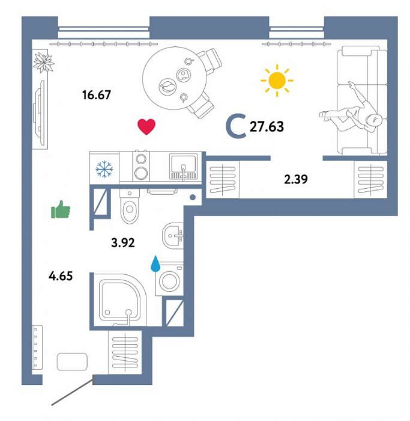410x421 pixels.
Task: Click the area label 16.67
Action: pos(97,95)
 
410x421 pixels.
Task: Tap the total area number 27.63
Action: pos(267,127)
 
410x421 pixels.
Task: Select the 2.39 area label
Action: pos(296,179)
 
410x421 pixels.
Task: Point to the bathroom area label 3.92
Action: pos(122,243)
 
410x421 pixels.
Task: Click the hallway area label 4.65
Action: pos(61,275)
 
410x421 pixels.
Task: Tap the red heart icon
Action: pos(146,126)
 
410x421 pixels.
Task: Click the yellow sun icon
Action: pos(277,80)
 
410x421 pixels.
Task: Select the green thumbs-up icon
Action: pos(61,209)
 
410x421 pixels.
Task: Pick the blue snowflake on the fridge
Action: pos(104,169)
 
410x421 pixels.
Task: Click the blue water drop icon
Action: pos(155,264)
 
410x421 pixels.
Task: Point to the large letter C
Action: pos(236,126)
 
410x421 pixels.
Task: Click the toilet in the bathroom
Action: pos(130,206)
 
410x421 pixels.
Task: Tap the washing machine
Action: pos(169,280)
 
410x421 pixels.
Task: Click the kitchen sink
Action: pos(183,167)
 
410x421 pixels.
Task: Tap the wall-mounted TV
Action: pos(40,114)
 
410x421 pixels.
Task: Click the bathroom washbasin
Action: pos(173,236)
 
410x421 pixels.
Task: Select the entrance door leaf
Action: pos(73,390)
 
